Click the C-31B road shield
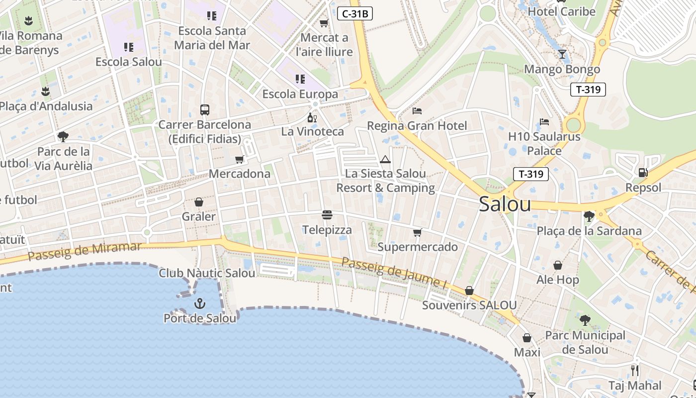tap(355, 13)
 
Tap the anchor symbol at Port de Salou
tap(199, 303)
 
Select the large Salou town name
tap(505, 204)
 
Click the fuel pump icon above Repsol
tap(643, 173)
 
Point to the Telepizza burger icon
tap(327, 215)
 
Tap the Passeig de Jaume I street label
tap(394, 273)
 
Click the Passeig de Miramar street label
tap(85, 251)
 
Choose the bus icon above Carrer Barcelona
tap(204, 109)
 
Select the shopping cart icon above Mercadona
tap(240, 159)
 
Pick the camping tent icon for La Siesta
tap(385, 160)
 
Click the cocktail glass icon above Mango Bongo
tap(562, 54)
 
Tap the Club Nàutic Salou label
tap(207, 273)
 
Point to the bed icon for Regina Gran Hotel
tap(417, 110)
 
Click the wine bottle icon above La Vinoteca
tap(312, 117)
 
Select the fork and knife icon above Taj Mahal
tap(634, 370)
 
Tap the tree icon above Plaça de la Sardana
tap(589, 216)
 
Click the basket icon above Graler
tap(199, 202)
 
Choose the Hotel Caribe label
tap(561, 11)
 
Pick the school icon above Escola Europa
tap(300, 79)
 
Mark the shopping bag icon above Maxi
tap(527, 338)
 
